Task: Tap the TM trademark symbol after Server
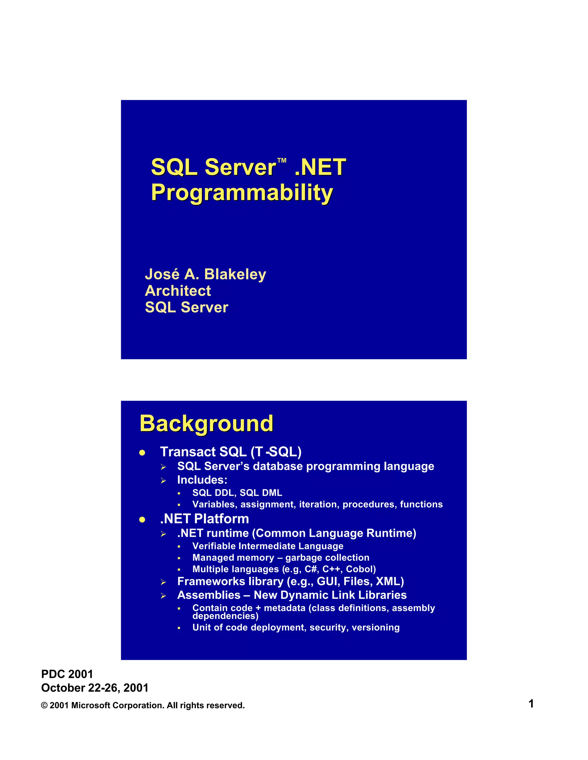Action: pyautogui.click(x=281, y=161)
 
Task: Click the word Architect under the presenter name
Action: pyautogui.click(x=178, y=291)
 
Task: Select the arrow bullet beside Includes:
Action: pyautogui.click(x=163, y=481)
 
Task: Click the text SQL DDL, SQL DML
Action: pyautogui.click(x=237, y=493)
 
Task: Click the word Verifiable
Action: pyautogui.click(x=214, y=546)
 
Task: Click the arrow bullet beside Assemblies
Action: pyautogui.click(x=163, y=596)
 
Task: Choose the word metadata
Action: pyautogui.click(x=284, y=608)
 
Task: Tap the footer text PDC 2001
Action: pyautogui.click(x=67, y=674)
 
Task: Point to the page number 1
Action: pyautogui.click(x=531, y=704)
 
